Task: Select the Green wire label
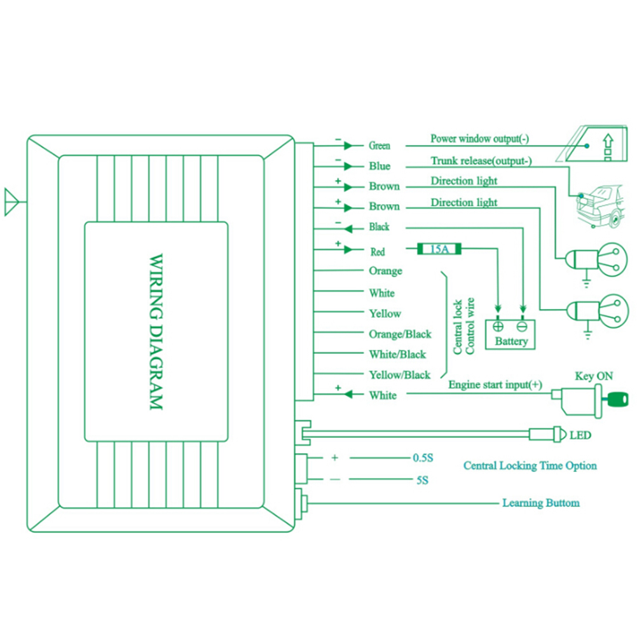click(x=380, y=146)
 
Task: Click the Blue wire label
click(x=380, y=166)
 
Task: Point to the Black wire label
click(x=380, y=227)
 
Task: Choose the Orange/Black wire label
click(x=400, y=334)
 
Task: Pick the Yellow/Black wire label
click(x=400, y=375)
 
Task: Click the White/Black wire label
click(x=397, y=355)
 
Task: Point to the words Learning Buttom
click(x=541, y=503)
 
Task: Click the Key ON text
click(x=594, y=376)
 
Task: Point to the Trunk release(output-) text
click(x=481, y=161)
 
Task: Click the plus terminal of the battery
click(x=498, y=326)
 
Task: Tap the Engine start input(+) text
click(x=496, y=385)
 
